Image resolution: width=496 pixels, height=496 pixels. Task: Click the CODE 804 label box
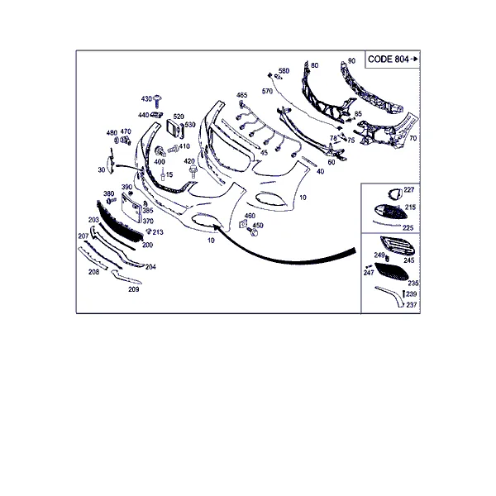[x=393, y=60]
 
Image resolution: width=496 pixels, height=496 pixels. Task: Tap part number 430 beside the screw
[x=146, y=99]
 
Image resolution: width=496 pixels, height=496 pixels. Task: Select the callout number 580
[x=284, y=70]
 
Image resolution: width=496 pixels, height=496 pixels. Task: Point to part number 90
[x=351, y=60]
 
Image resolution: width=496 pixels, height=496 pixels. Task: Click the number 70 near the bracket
[x=413, y=138]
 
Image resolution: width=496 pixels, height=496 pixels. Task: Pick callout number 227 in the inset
[x=409, y=190]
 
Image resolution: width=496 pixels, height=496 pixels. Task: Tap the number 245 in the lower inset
[x=409, y=260]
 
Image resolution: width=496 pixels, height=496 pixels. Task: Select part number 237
[x=412, y=304]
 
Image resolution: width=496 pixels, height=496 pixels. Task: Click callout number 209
[x=133, y=289]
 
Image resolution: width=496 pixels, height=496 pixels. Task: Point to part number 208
[x=93, y=272]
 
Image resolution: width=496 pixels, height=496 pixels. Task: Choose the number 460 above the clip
[x=250, y=216]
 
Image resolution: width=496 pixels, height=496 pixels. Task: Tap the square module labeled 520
[x=173, y=129]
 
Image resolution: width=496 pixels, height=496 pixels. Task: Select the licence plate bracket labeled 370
[x=131, y=207]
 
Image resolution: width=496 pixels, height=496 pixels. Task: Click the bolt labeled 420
[x=193, y=171]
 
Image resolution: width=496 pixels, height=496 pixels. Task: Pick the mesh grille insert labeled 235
[x=391, y=271]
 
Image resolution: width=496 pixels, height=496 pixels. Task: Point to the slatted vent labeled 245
[x=398, y=246]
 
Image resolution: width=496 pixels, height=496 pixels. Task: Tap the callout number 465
[x=242, y=95]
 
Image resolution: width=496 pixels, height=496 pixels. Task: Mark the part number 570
[x=267, y=91]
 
